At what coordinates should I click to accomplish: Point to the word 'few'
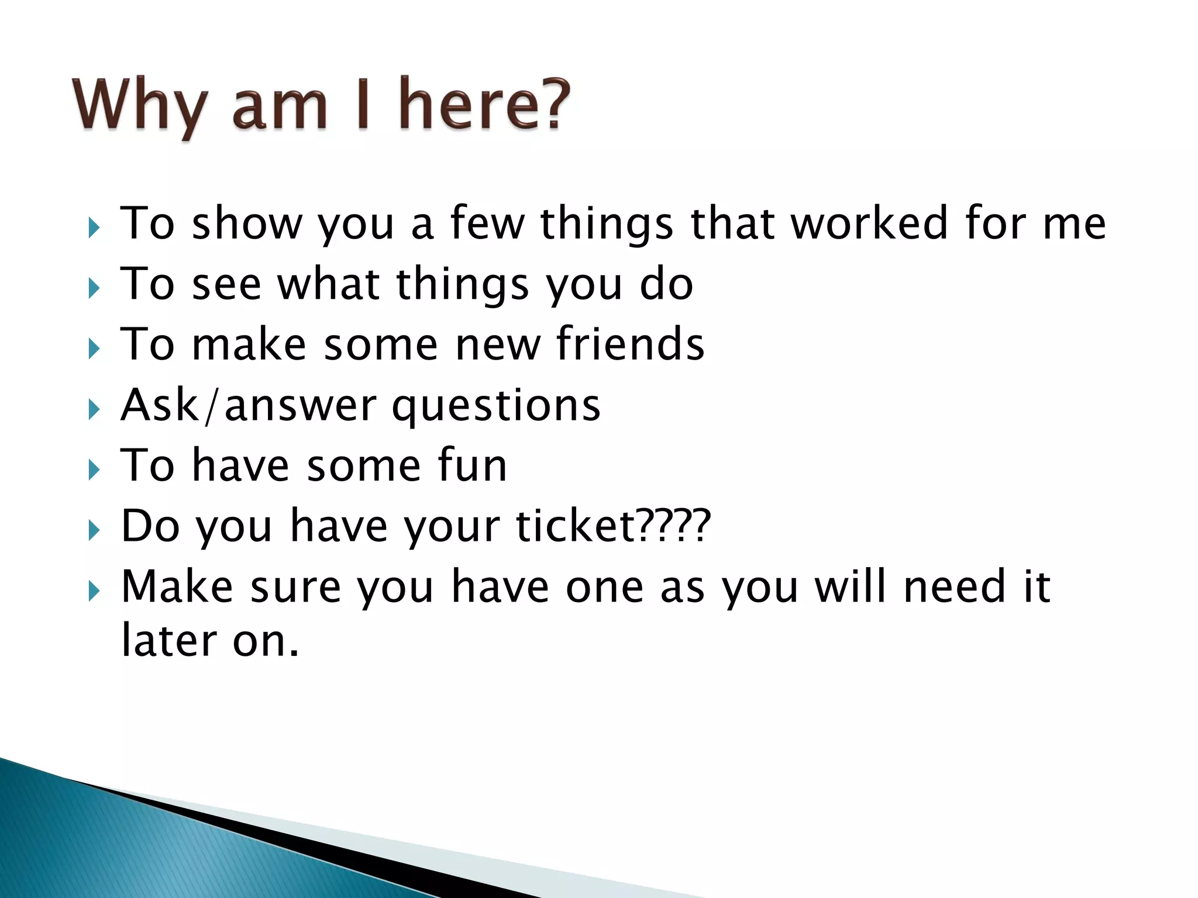(x=487, y=223)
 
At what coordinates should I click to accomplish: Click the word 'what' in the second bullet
(x=328, y=284)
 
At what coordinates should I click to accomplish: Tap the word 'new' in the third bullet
(x=498, y=345)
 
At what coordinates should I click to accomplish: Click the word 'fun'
(x=472, y=465)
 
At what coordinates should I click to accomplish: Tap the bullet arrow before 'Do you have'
(x=94, y=530)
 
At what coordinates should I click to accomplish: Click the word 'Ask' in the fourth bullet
(x=159, y=405)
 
